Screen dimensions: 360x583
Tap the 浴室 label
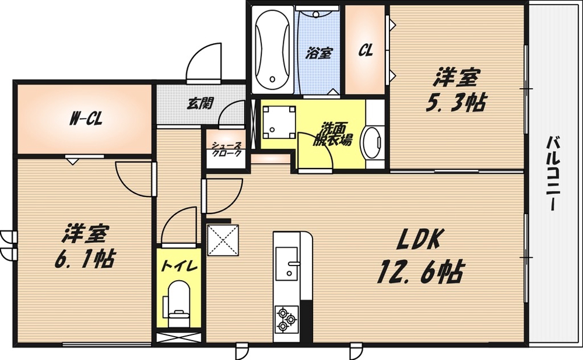(319, 53)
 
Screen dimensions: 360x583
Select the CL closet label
(366, 51)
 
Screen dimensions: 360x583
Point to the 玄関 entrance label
(199, 104)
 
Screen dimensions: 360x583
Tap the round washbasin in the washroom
(371, 141)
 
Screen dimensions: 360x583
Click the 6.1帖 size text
(84, 257)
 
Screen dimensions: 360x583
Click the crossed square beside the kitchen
(222, 240)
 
